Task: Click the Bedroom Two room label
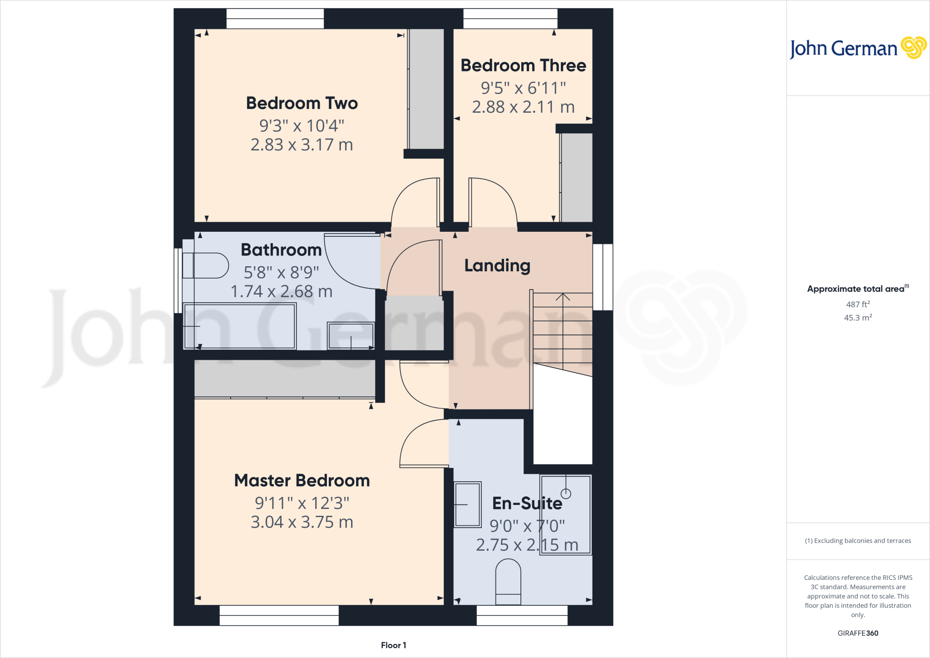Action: tap(302, 104)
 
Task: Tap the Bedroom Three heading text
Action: tap(523, 66)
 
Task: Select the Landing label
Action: tap(497, 266)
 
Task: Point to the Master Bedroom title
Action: tap(302, 481)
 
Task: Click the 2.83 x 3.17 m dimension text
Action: tap(302, 145)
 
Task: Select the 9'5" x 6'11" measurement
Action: tap(523, 88)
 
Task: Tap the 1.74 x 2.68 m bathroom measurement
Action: tap(281, 292)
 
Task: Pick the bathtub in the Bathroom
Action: tap(240, 326)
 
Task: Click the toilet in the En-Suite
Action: tap(508, 582)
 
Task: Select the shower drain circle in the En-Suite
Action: tap(566, 493)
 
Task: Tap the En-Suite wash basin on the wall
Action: tap(467, 504)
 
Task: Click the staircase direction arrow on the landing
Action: tap(563, 298)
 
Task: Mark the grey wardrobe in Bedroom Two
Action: tap(426, 89)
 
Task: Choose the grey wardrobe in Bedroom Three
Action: tap(576, 177)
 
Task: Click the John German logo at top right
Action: tap(857, 48)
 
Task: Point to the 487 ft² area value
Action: tap(857, 304)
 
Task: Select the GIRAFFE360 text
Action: tap(857, 633)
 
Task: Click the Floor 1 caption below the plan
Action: tap(393, 645)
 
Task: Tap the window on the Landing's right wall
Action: tap(603, 277)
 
